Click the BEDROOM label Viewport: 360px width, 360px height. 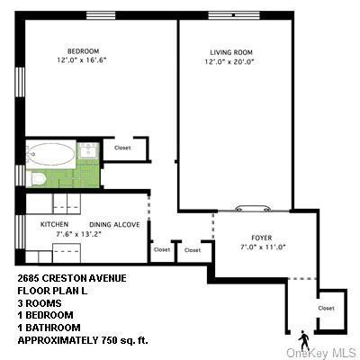83,50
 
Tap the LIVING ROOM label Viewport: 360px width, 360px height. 229,53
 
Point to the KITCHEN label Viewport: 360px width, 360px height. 54,224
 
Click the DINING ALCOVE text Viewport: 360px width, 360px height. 113,225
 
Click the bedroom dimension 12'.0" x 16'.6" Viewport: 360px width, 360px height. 82,61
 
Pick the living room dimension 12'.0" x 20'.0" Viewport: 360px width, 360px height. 229,63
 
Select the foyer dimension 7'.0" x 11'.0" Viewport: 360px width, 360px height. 255,247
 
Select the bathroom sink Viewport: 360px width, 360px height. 88,151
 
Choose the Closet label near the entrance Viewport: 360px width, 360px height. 325,308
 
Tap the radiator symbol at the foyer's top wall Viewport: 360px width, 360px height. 249,208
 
